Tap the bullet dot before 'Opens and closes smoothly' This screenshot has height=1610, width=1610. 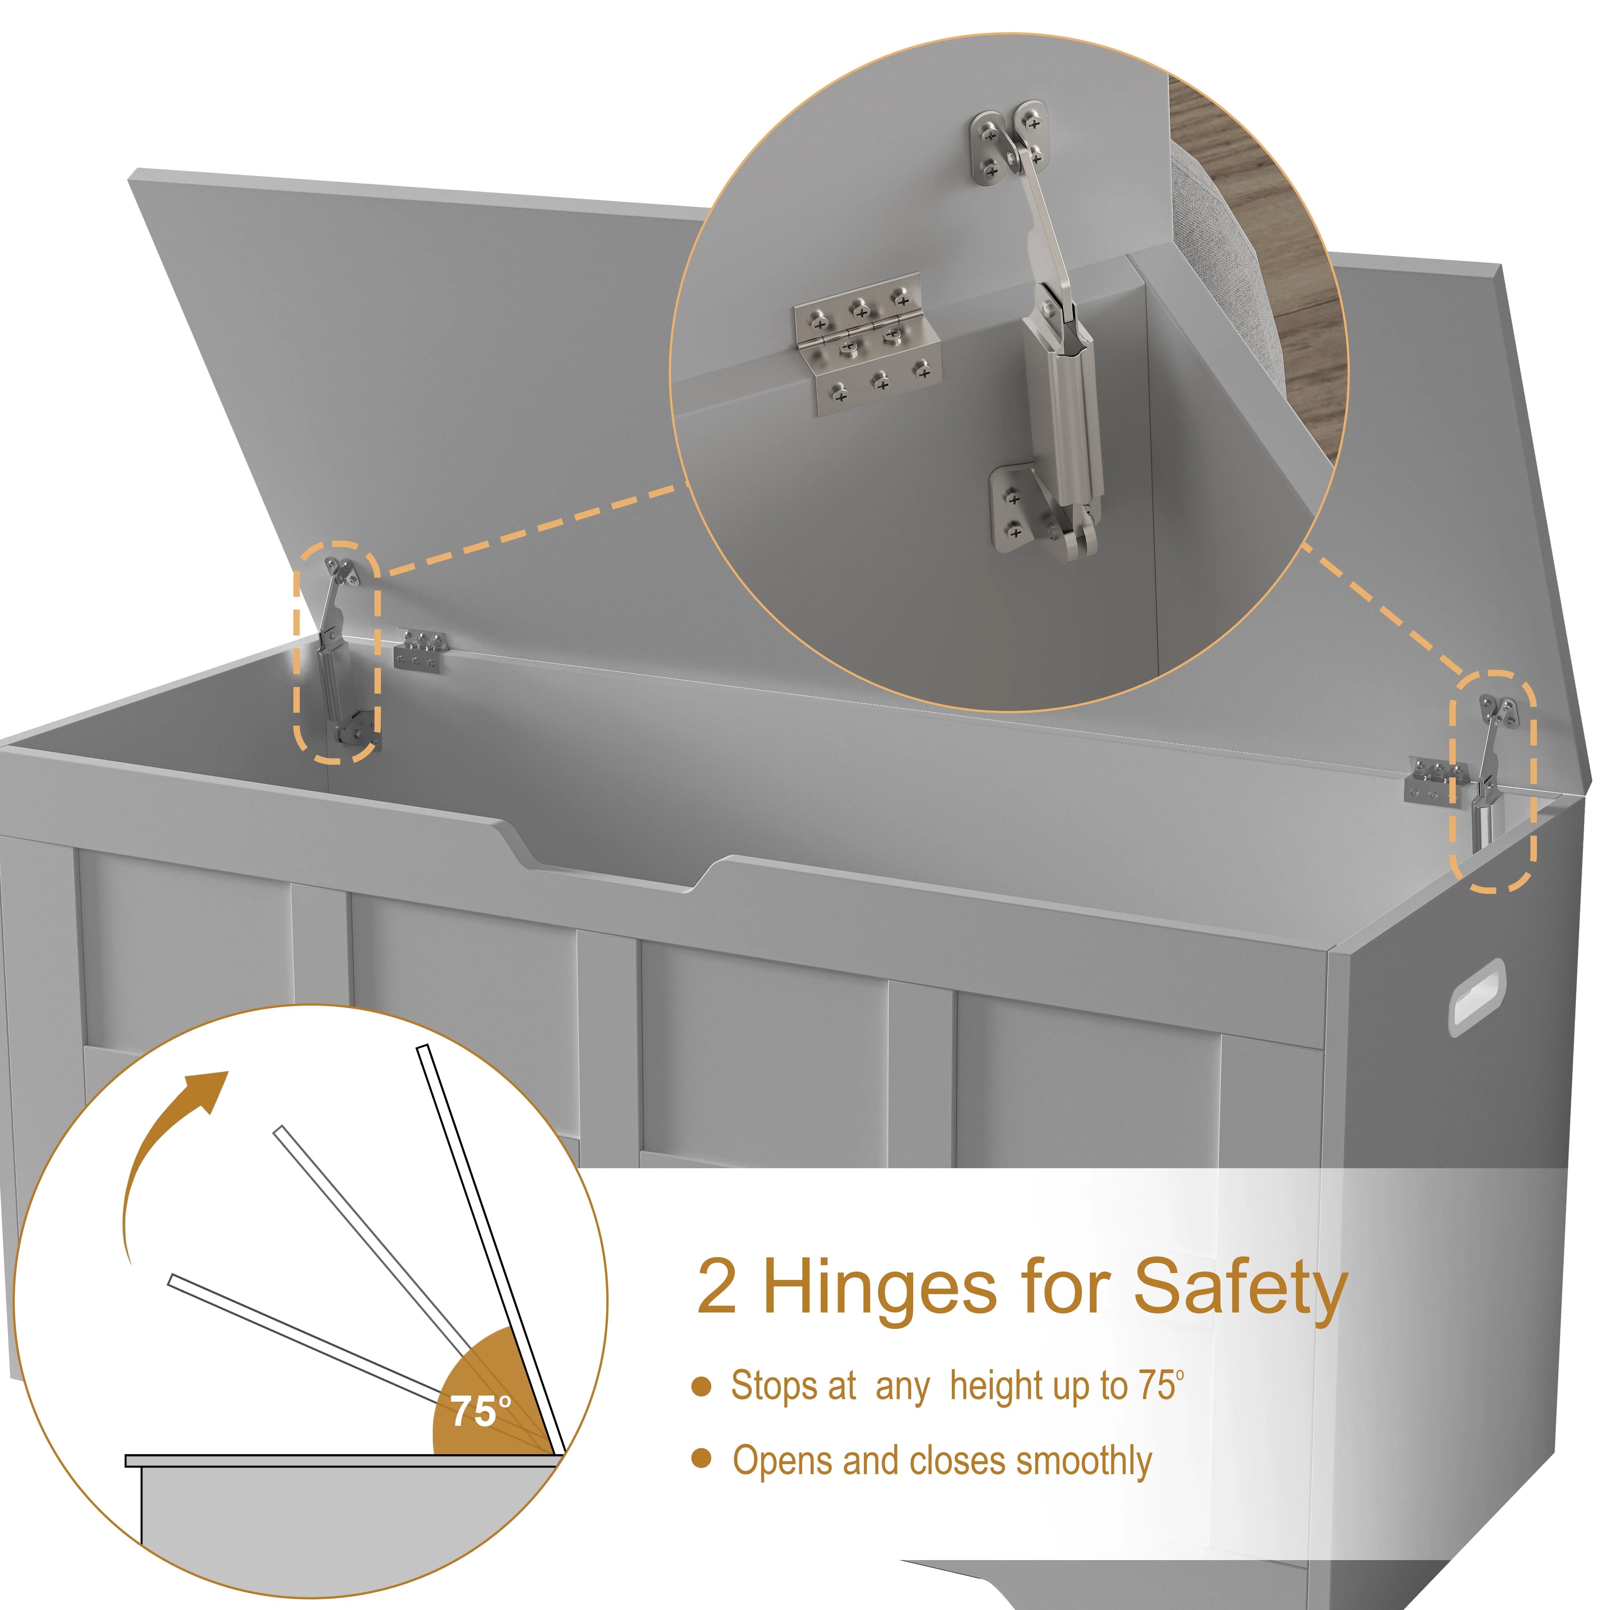tap(702, 1457)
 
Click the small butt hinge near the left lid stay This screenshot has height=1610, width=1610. tap(420, 649)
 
